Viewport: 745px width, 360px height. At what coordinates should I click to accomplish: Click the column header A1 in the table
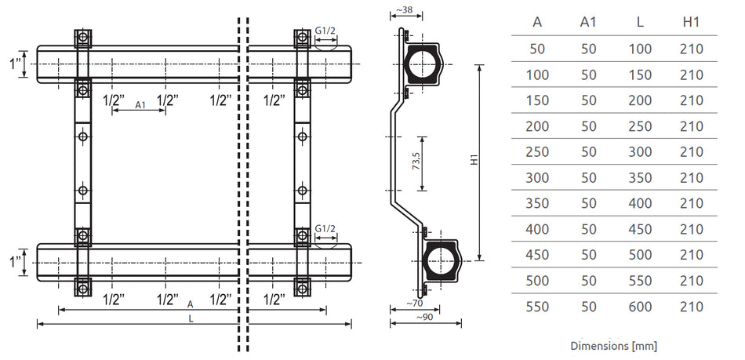click(588, 22)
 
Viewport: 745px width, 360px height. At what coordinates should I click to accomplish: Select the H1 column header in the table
click(691, 22)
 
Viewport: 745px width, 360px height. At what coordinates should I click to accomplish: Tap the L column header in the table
click(640, 22)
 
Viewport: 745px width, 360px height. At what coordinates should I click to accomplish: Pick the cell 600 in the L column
click(640, 307)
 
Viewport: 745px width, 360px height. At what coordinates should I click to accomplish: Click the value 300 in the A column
click(537, 177)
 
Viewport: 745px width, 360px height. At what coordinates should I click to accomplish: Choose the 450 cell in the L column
click(640, 229)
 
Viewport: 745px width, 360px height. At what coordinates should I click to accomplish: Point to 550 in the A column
click(537, 307)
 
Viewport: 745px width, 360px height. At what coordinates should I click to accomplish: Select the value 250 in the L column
click(640, 125)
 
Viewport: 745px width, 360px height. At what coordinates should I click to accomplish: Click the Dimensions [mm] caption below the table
click(613, 345)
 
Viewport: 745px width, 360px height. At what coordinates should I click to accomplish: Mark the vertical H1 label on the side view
click(473, 160)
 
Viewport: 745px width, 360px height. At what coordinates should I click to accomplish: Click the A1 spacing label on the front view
click(140, 104)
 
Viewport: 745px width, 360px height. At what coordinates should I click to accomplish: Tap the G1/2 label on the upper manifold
click(325, 32)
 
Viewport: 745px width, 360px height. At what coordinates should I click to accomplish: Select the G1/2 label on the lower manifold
click(325, 228)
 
